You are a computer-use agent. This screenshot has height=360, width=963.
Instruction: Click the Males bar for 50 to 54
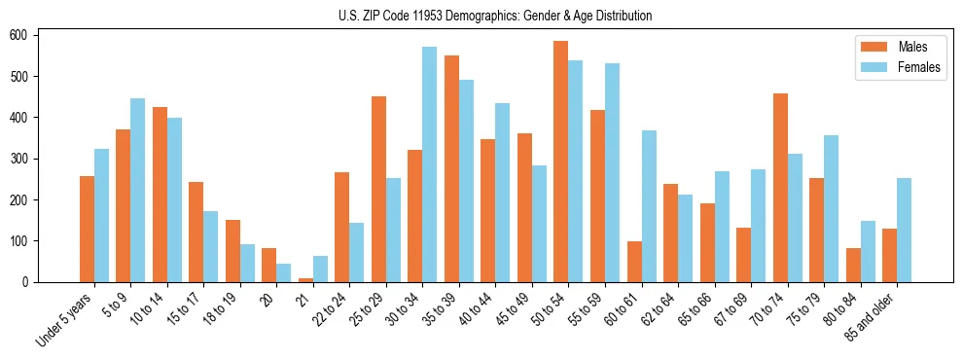[561, 162]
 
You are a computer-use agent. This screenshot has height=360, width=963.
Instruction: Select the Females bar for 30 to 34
[430, 164]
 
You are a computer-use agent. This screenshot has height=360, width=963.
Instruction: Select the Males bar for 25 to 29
[378, 189]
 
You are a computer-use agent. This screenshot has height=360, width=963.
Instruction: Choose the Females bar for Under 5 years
[101, 215]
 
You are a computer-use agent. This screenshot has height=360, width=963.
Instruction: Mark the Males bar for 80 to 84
[853, 265]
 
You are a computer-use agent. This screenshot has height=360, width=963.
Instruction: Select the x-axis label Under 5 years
[66, 319]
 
